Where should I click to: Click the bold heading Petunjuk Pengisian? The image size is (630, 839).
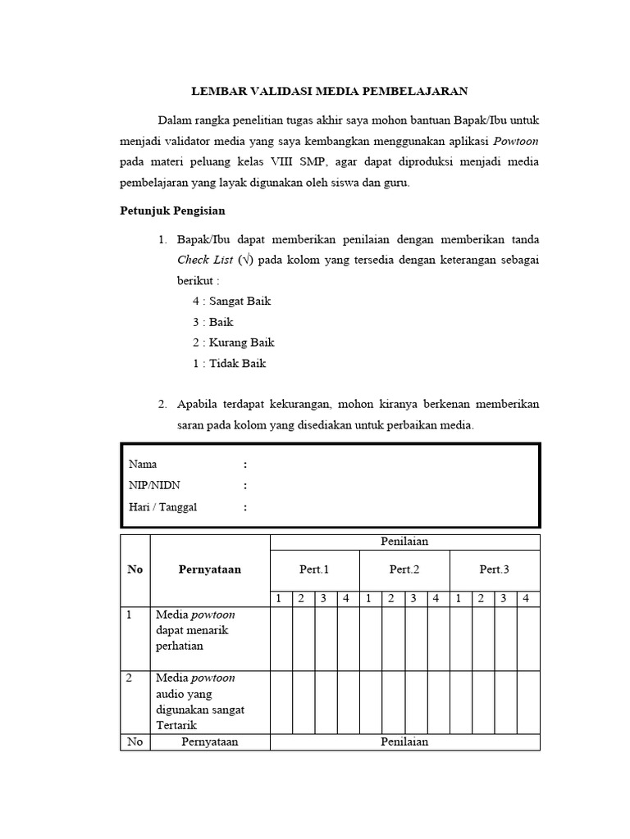point(167,211)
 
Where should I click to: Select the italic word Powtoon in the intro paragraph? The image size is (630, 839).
point(516,141)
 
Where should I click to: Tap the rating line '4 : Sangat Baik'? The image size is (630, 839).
point(231,301)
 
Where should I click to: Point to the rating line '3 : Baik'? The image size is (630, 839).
point(212,322)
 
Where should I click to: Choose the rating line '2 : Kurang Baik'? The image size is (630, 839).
point(233,342)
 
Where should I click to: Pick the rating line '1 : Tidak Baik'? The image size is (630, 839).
point(229,363)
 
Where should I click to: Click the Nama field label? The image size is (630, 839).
point(143,465)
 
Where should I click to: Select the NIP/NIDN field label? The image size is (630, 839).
point(153,486)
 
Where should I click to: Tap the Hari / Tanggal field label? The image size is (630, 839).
point(162,507)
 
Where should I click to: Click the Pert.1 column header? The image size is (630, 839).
point(314,569)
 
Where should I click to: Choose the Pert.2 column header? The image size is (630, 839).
point(404,569)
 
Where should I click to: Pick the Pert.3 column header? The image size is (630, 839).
point(495,569)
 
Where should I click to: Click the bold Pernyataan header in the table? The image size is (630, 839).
point(209,569)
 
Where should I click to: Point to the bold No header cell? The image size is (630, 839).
point(135,569)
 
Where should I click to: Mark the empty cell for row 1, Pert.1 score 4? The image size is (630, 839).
point(348,638)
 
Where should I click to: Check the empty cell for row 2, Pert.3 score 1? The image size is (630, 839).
point(460,702)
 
